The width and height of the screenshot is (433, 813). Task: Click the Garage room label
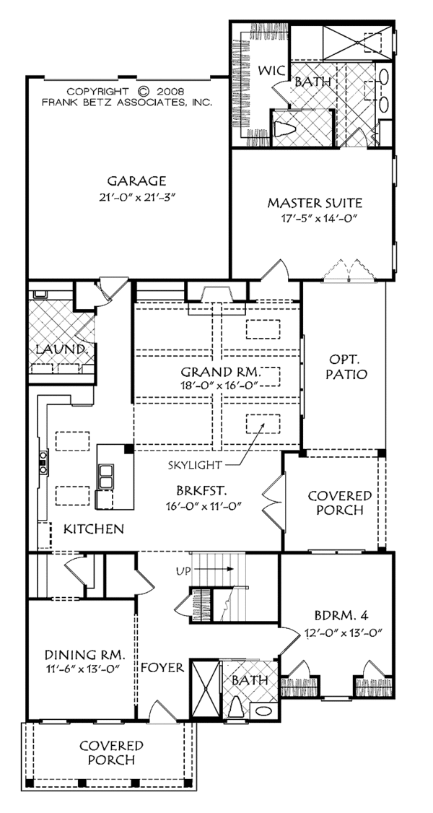click(136, 181)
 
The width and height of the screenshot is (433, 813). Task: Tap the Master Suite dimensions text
click(314, 218)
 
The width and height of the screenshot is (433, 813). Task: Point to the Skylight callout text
click(188, 465)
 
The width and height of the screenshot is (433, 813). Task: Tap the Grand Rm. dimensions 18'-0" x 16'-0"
click(219, 384)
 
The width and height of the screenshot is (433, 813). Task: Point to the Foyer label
click(162, 667)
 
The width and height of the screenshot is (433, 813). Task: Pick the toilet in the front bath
click(237, 705)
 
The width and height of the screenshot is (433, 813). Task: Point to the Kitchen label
click(94, 529)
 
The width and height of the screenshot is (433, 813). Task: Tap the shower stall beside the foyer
click(206, 689)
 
